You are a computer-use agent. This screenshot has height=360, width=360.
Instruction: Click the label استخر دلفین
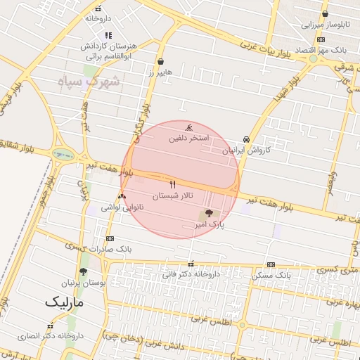pos(189,139)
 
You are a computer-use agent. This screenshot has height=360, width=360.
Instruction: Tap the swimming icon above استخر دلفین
pos(189,128)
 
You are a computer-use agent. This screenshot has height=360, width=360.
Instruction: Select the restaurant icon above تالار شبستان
pos(173,184)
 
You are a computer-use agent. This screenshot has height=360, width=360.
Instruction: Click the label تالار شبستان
pos(173,195)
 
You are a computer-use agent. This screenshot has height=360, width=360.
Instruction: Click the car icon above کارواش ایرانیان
pos(246,139)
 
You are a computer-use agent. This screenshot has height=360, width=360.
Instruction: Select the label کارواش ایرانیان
pos(246,150)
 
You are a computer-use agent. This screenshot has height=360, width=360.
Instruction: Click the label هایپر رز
pos(161,72)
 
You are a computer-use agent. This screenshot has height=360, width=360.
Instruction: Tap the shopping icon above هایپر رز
pos(161,61)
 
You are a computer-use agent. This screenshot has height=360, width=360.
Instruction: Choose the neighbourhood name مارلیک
pos(64,302)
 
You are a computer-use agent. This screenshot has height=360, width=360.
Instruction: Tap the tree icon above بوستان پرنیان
pos(83,271)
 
